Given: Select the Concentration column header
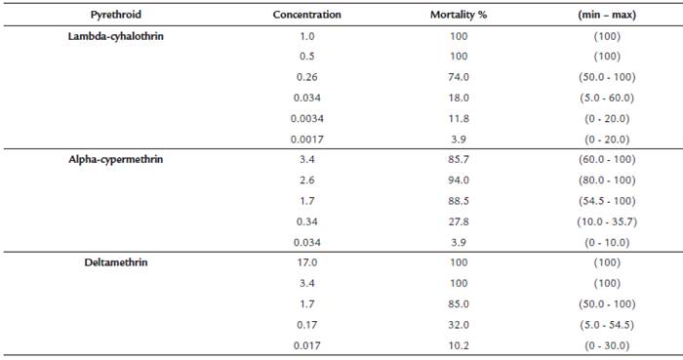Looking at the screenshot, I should (306, 16).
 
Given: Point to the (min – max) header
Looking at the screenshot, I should (606, 16).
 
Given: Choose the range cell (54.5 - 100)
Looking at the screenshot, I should (606, 202).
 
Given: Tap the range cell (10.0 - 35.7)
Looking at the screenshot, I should (606, 223).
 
